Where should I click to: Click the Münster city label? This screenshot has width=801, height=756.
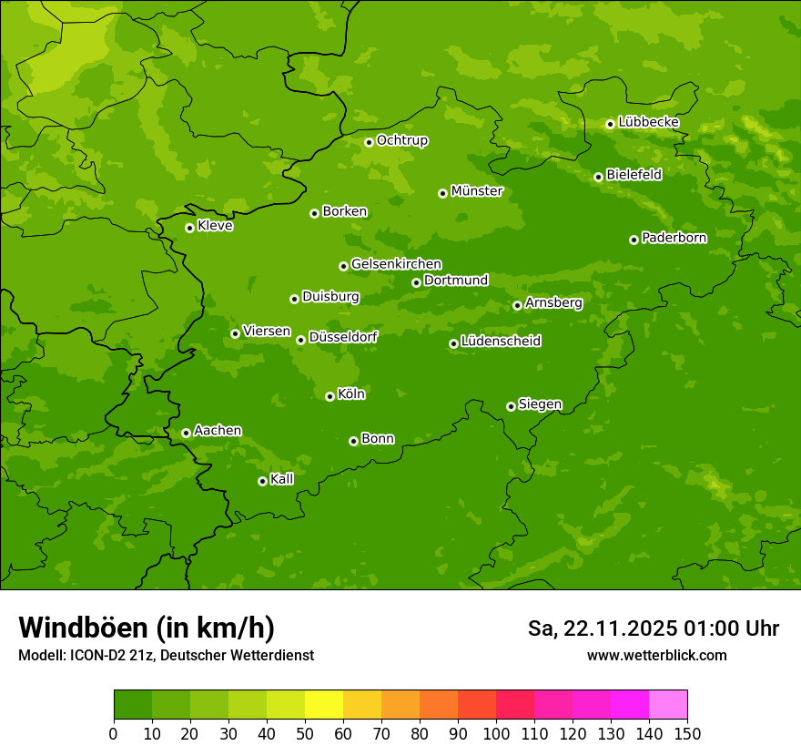[x=476, y=191]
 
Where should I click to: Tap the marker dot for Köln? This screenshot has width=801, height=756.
[x=330, y=396]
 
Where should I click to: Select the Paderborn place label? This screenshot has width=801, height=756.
[x=674, y=238]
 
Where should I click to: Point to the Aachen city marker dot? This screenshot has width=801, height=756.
[x=186, y=433]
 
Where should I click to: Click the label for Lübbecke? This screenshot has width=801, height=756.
[x=648, y=122]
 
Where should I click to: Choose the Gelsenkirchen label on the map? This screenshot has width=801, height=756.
[x=396, y=264]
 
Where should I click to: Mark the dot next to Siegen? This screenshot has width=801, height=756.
[x=511, y=406]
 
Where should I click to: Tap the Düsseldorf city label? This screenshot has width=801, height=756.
[x=343, y=337]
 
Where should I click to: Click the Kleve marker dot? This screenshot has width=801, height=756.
[x=189, y=228]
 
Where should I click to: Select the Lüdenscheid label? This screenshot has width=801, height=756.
[x=501, y=342]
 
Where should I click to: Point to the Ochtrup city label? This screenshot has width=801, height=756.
[x=401, y=140]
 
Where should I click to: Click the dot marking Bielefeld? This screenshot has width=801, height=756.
[x=598, y=177]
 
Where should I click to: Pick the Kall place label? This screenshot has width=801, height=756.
[x=281, y=479]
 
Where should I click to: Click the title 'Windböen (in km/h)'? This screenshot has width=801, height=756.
[x=146, y=628]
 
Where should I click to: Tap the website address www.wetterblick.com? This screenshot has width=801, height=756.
[x=656, y=655]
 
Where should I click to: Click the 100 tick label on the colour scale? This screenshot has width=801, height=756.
[x=496, y=733]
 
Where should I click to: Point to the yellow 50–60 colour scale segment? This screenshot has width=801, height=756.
[x=324, y=705]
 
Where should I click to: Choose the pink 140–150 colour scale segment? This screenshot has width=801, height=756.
[x=668, y=705]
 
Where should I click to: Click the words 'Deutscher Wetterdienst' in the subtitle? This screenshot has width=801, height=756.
[x=240, y=655]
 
